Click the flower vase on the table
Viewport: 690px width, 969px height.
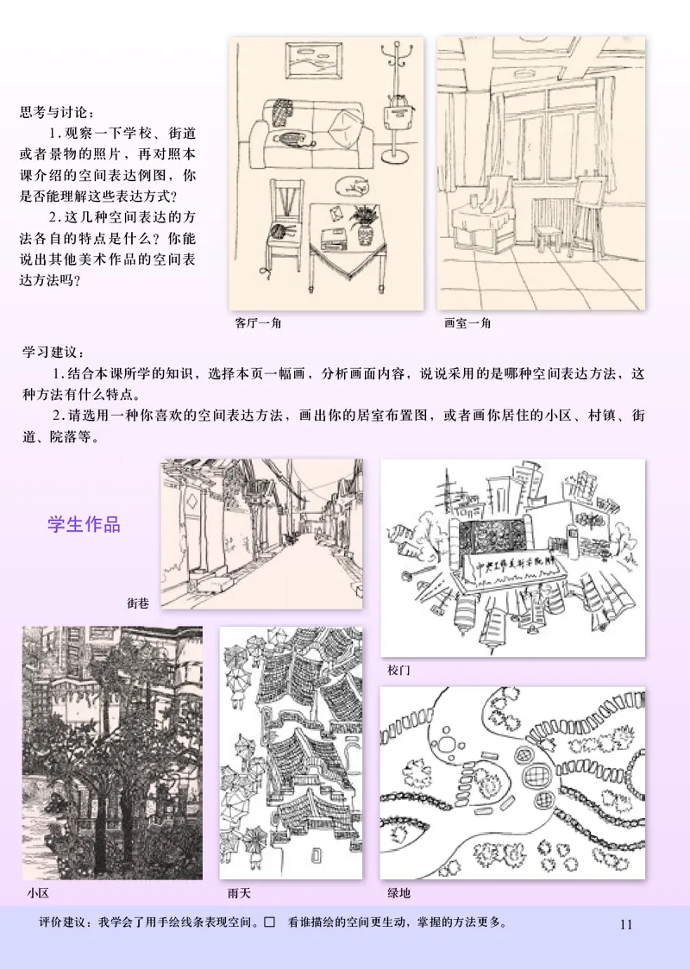tap(363, 223)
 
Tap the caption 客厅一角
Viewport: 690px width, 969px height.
tap(258, 323)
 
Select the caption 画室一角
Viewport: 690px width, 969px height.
tap(467, 323)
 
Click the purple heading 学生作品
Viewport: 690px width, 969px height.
tap(84, 524)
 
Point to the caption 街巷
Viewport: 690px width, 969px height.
tap(138, 603)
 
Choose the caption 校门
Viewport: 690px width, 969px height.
tap(398, 670)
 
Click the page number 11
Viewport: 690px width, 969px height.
tap(626, 924)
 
